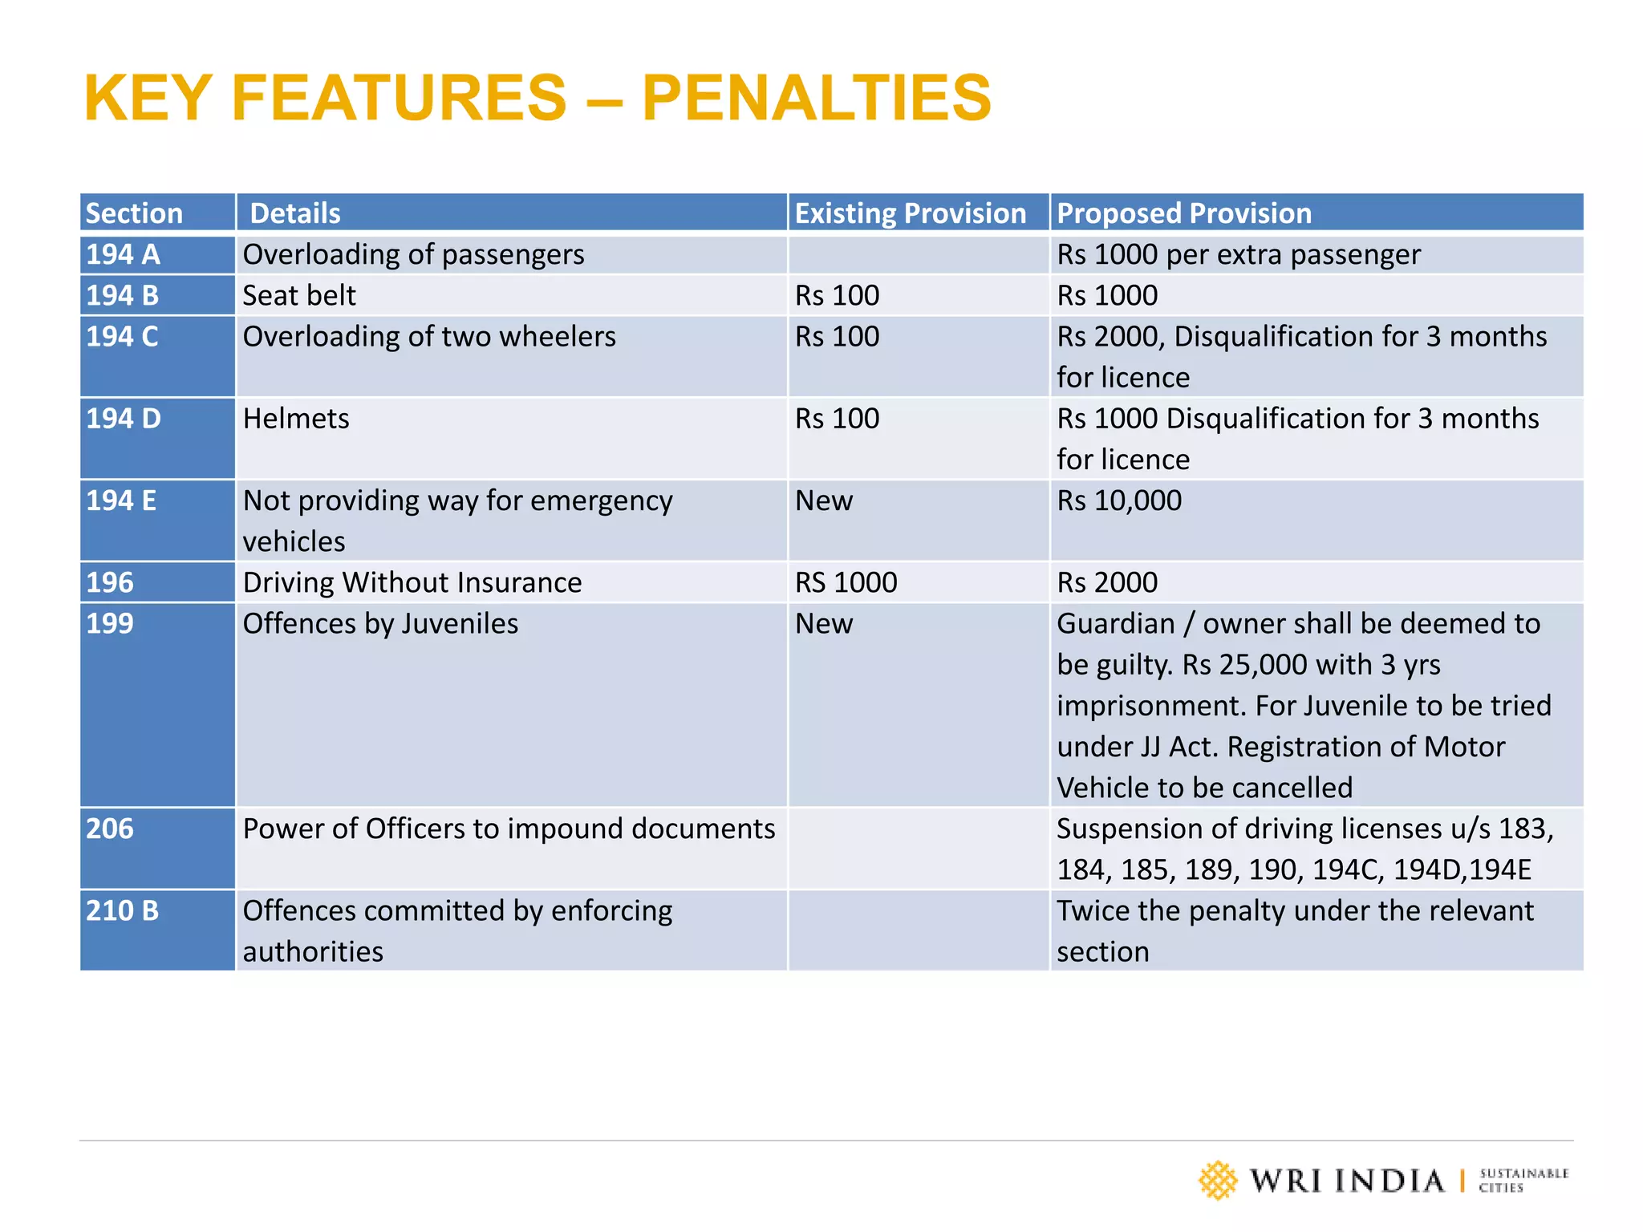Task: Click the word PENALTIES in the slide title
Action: pos(816,98)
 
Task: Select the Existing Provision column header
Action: pos(910,213)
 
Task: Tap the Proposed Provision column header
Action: pos(1183,213)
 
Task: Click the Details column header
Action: pos(295,213)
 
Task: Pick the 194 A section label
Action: pos(123,254)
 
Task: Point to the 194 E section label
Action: pos(121,500)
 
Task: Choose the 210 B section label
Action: pos(123,910)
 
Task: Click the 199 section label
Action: pos(110,623)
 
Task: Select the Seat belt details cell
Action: pos(298,295)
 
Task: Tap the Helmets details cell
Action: pos(296,419)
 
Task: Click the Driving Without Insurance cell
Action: pos(412,582)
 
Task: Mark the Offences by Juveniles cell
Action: pos(380,623)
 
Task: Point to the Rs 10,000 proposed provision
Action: pos(1118,500)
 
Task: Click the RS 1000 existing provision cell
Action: pos(846,582)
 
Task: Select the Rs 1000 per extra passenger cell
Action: pos(1238,254)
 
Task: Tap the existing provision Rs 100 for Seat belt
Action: pos(837,295)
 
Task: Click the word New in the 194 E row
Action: pos(824,500)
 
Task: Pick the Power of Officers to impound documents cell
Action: pos(509,829)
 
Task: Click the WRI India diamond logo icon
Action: pos(1218,1180)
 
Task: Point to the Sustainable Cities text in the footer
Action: pos(1523,1180)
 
